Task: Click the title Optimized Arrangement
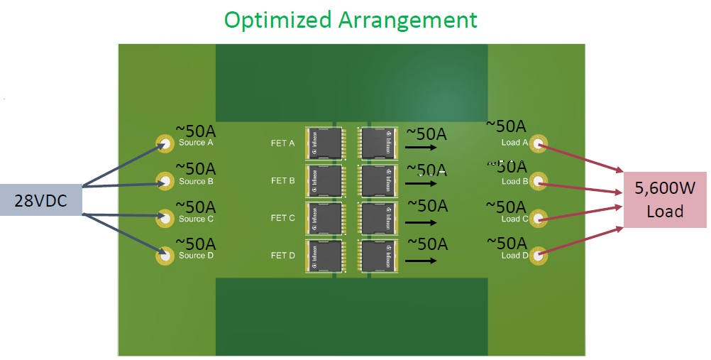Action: pyautogui.click(x=351, y=19)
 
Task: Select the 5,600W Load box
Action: pyautogui.click(x=664, y=200)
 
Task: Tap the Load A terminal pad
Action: pyautogui.click(x=539, y=145)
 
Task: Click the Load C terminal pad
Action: pyautogui.click(x=539, y=218)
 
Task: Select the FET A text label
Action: pyautogui.click(x=282, y=143)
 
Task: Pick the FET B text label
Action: pyautogui.click(x=282, y=181)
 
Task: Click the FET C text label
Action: pyautogui.click(x=282, y=218)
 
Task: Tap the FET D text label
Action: pyautogui.click(x=282, y=256)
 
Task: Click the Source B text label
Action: pyautogui.click(x=197, y=182)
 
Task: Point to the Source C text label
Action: pyautogui.click(x=197, y=219)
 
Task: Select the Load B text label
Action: pyautogui.click(x=515, y=182)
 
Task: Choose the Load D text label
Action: pyautogui.click(x=515, y=256)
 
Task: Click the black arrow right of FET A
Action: pyautogui.click(x=420, y=148)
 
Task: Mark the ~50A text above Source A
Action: pyautogui.click(x=196, y=132)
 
